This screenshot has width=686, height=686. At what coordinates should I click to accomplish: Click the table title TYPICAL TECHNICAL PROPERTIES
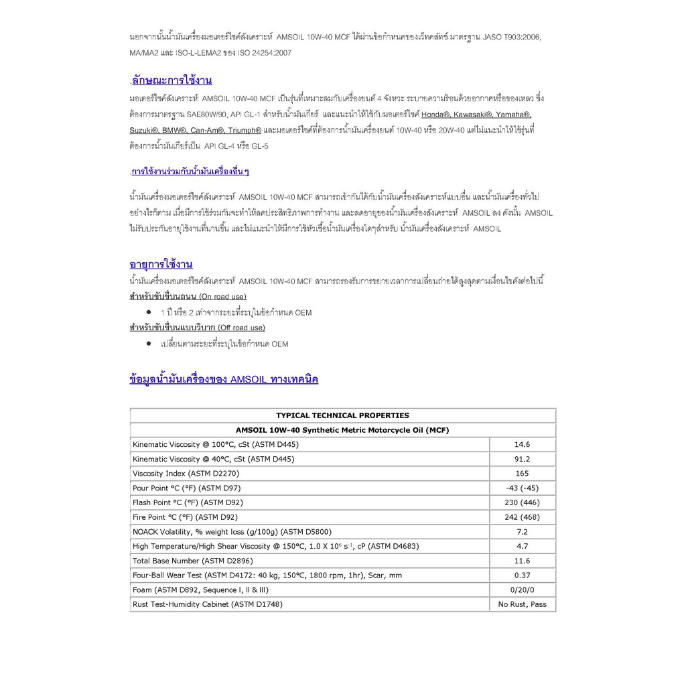pyautogui.click(x=342, y=415)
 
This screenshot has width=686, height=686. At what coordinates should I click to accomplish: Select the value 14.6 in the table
pyautogui.click(x=522, y=444)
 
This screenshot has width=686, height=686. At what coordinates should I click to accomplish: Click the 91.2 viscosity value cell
pyautogui.click(x=522, y=459)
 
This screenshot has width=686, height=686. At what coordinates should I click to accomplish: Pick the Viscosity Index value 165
pyautogui.click(x=522, y=474)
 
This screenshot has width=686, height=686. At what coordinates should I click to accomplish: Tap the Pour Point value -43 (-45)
pyautogui.click(x=522, y=488)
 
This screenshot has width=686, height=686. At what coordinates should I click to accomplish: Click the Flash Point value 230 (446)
pyautogui.click(x=522, y=502)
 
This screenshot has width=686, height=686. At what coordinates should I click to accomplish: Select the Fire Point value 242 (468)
pyautogui.click(x=522, y=517)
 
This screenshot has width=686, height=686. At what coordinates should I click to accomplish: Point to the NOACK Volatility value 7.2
pyautogui.click(x=522, y=531)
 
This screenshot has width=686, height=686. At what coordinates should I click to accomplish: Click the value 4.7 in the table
pyautogui.click(x=522, y=546)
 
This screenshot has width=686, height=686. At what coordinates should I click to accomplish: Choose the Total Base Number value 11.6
pyautogui.click(x=522, y=561)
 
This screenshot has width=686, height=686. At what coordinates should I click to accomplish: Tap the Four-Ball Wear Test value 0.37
pyautogui.click(x=522, y=575)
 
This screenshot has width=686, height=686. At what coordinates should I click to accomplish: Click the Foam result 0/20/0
pyautogui.click(x=522, y=590)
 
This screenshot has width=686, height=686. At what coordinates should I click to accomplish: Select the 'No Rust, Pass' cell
pyautogui.click(x=522, y=604)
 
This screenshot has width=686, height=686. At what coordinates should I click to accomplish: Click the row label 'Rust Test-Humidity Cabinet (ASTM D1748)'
pyautogui.click(x=208, y=604)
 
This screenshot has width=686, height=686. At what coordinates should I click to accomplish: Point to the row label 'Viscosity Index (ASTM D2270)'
pyautogui.click(x=186, y=474)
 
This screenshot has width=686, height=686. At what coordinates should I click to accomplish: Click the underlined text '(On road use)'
pyautogui.click(x=222, y=296)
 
